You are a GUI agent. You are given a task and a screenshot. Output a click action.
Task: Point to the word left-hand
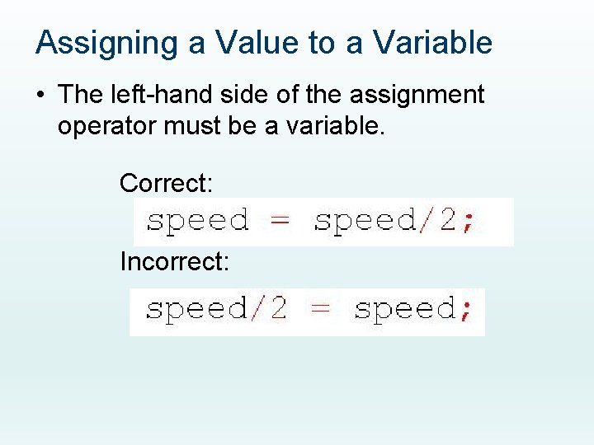pos(158,95)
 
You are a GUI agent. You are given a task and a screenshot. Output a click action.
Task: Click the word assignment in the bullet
pos(417,95)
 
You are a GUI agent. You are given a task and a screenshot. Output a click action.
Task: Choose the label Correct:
pos(167,183)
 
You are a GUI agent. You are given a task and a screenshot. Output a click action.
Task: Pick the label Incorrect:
pos(175,262)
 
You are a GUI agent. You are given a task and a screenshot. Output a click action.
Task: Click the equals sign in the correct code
pos(281,221)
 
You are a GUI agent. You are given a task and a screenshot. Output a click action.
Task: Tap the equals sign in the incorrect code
pos(320,309)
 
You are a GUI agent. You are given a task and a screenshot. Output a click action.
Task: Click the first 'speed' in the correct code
pos(197,221)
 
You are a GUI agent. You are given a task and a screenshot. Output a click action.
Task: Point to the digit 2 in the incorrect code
pos(277,308)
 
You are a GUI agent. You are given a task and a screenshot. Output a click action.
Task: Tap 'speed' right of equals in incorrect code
pos(404,310)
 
